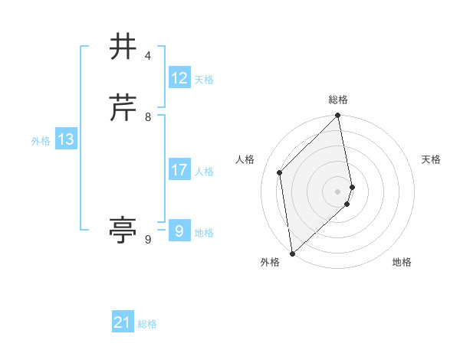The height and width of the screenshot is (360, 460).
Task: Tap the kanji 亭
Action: pyautogui.click(x=123, y=230)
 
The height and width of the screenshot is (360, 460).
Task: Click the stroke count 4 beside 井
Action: pyautogui.click(x=148, y=56)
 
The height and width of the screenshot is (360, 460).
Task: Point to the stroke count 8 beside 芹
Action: pyautogui.click(x=148, y=117)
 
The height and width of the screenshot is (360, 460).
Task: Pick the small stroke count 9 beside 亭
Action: pyautogui.click(x=148, y=240)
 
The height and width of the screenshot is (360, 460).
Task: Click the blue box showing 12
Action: pyautogui.click(x=179, y=78)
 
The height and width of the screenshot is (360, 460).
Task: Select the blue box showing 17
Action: pyautogui.click(x=179, y=170)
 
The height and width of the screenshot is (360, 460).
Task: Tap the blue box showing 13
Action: pyautogui.click(x=66, y=139)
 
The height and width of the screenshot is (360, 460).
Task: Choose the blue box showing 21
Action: pyautogui.click(x=123, y=322)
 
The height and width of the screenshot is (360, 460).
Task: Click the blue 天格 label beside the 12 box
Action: pyautogui.click(x=204, y=80)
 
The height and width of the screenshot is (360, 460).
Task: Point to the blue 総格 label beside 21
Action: pyautogui.click(x=147, y=324)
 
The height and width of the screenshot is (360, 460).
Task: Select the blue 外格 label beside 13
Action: pyautogui.click(x=41, y=141)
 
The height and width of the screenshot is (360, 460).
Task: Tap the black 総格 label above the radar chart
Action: pyautogui.click(x=338, y=100)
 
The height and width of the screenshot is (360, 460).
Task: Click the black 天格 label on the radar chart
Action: pyautogui.click(x=431, y=159)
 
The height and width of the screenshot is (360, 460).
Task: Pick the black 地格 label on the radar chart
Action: pyautogui.click(x=402, y=262)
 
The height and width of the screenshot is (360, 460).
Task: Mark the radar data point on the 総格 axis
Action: pyautogui.click(x=338, y=116)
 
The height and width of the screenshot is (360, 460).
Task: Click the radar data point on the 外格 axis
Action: pyautogui.click(x=292, y=253)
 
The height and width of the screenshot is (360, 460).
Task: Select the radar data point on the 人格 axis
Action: pyautogui.click(x=280, y=172)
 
